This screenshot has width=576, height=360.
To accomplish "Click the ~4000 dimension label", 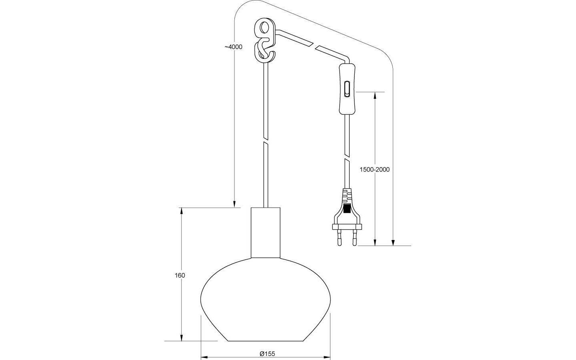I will [233, 47].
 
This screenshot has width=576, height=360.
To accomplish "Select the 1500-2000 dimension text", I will [374, 169].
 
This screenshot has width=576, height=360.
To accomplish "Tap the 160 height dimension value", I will [180, 275].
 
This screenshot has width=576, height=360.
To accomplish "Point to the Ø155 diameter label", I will [267, 353].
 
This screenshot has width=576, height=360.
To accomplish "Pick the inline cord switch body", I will [346, 88].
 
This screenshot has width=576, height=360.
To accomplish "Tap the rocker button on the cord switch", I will [347, 88].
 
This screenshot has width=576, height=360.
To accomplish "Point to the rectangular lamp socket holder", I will [266, 232].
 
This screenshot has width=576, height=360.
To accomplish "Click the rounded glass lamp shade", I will [266, 300].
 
